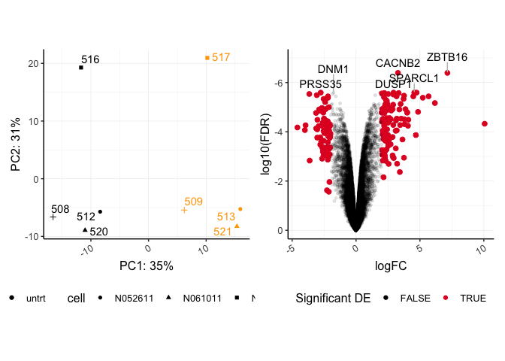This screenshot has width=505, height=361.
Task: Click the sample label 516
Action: (x=90, y=59)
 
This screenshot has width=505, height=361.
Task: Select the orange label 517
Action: (x=221, y=57)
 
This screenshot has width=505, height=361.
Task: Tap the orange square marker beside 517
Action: (x=207, y=58)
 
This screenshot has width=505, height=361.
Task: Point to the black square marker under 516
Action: (x=81, y=68)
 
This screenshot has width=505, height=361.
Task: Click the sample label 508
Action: (x=60, y=209)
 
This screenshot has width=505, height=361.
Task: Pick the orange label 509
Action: (x=193, y=202)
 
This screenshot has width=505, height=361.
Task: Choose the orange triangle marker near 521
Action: (x=237, y=226)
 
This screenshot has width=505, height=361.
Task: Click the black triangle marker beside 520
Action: (x=85, y=229)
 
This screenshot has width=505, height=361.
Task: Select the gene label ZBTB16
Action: (x=447, y=57)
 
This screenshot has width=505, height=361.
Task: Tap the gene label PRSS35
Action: (x=320, y=84)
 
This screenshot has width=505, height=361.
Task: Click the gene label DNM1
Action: (x=333, y=70)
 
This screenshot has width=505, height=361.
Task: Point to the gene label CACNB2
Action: (x=398, y=63)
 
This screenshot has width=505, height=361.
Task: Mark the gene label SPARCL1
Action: (x=414, y=77)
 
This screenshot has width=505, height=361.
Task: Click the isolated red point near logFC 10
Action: (x=485, y=123)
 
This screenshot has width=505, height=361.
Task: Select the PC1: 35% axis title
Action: (x=147, y=265)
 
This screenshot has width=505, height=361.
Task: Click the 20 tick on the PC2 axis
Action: (x=32, y=63)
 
